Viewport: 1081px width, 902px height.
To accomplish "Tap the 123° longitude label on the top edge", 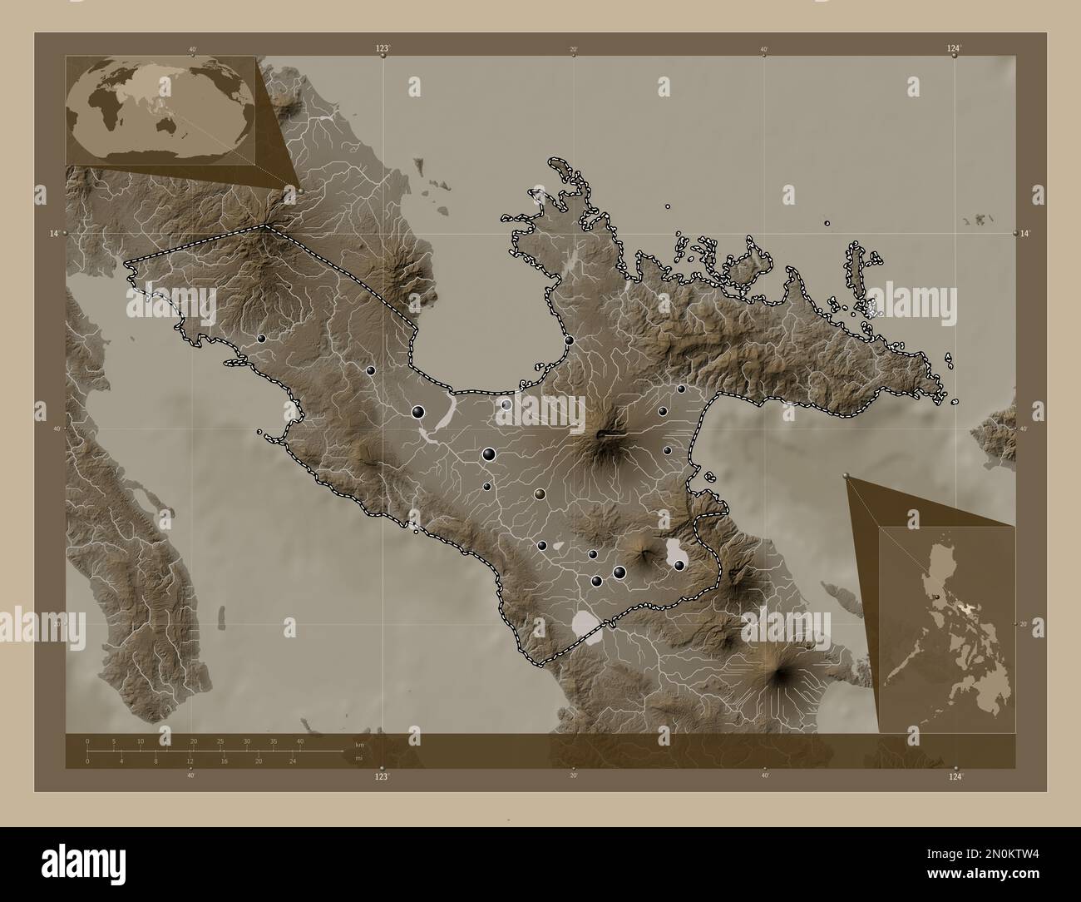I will click(x=382, y=49).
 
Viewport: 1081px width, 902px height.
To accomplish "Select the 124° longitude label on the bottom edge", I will click(x=955, y=776).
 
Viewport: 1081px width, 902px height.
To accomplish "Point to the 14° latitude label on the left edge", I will click(x=53, y=235).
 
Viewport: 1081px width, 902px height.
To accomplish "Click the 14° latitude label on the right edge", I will click(x=1027, y=235).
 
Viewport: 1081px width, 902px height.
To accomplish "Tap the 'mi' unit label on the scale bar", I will click(x=359, y=758).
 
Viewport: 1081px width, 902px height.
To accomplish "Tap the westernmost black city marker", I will click(x=261, y=339).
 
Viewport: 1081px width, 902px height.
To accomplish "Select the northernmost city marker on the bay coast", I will click(x=569, y=340).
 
